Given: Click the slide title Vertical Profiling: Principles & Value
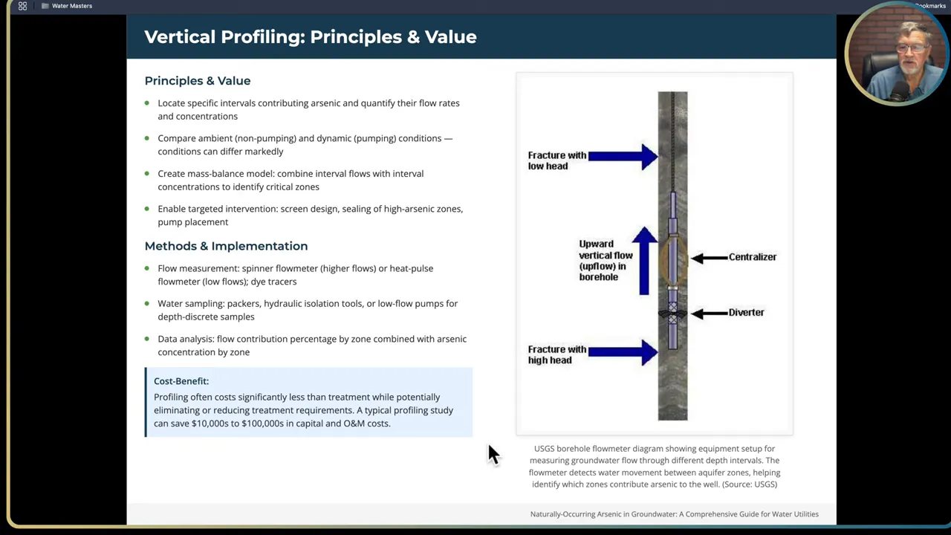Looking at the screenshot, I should (x=310, y=37).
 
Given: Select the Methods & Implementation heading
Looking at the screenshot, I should (x=226, y=246).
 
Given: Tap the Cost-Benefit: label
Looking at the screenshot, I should (x=181, y=381).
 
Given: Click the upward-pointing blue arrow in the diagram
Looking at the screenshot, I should (x=644, y=260).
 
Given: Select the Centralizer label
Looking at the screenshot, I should (x=752, y=257).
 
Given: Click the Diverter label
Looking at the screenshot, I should (x=746, y=313).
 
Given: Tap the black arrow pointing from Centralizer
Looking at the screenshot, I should (x=709, y=258).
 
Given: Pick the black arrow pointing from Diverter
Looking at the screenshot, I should (x=709, y=314).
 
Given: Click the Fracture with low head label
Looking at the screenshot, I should (x=556, y=160).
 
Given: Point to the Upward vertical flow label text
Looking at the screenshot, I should (x=606, y=260).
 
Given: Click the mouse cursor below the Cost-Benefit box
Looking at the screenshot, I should (x=493, y=453).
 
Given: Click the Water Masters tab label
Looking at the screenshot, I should (x=72, y=6).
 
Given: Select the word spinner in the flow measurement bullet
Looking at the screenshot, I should (x=257, y=268).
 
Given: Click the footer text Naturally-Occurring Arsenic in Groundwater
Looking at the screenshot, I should (x=674, y=514).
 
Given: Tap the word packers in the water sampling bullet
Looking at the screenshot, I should (x=243, y=304).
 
